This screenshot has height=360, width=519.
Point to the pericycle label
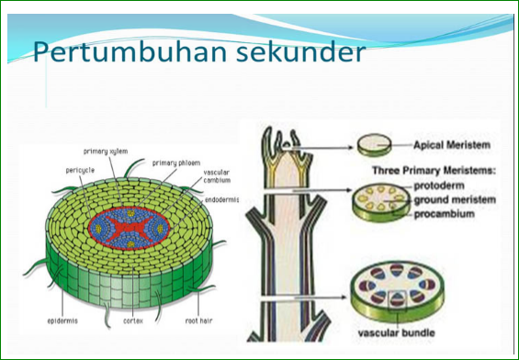point(80,169)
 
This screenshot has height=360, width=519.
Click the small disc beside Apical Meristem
point(373,144)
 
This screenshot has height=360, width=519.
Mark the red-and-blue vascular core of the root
point(130,227)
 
